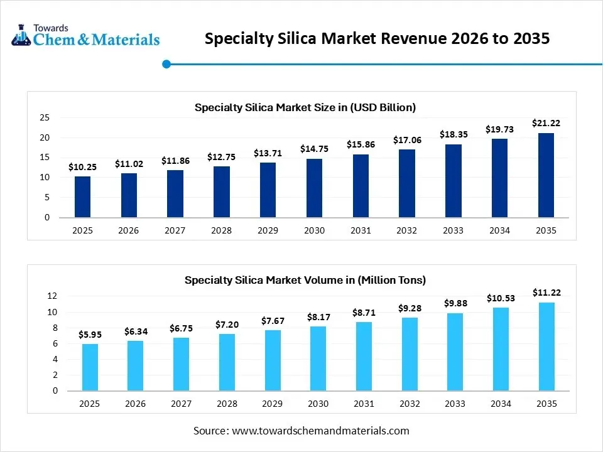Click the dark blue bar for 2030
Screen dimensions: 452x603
314,188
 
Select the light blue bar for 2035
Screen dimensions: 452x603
546,347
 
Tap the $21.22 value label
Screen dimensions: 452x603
546,123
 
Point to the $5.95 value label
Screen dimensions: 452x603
90,335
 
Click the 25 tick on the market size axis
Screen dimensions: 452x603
45,117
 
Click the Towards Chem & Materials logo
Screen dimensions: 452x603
85,36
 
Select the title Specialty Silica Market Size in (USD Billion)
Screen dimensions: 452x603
305,107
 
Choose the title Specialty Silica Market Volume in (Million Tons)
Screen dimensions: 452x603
305,280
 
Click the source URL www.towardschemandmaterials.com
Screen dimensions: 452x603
321,431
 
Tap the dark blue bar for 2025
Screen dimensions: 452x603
82,197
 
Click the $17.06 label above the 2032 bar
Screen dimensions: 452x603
406,140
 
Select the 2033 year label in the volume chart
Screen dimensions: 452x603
453,404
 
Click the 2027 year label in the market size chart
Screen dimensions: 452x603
175,230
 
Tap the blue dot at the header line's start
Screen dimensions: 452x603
166,63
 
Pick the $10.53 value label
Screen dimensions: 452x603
500,298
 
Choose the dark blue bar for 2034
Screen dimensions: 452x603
499,178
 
